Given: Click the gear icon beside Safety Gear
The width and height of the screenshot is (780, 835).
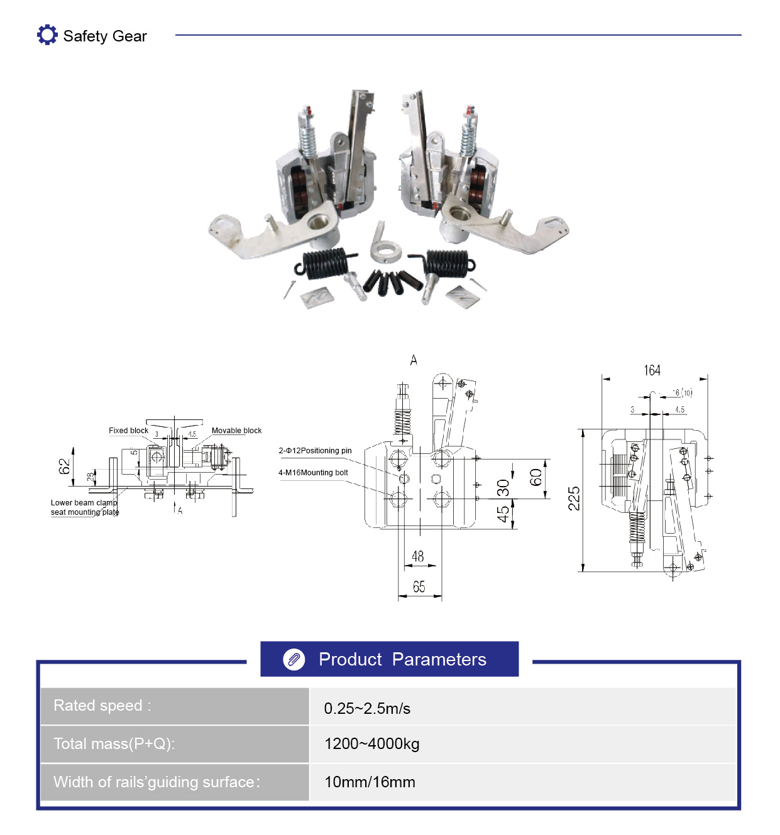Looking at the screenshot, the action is tap(47, 35).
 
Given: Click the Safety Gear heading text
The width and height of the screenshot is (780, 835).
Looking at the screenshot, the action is tap(105, 36).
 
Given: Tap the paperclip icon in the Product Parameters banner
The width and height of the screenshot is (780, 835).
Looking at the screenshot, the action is tap(294, 659).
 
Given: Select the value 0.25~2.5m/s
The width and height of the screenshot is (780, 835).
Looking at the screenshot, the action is tap(366, 708).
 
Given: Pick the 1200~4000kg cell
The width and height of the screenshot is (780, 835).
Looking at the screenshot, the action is tap(371, 744).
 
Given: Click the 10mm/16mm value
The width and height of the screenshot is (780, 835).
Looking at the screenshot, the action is tap(370, 782).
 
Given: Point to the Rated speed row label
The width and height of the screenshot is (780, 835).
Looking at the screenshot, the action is tap(102, 706).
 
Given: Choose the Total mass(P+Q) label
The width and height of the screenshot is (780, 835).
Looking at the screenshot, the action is tap(114, 744).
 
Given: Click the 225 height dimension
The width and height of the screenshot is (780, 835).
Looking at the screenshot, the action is tap(574, 498).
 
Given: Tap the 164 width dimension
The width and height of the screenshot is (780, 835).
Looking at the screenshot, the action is tap(652, 370).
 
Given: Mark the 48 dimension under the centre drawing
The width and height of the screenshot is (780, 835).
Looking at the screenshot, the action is tap(417, 556).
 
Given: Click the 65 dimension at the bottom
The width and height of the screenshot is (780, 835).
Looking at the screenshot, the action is tap(419, 586).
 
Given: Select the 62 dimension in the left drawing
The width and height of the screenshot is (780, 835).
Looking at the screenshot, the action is tap(64, 466).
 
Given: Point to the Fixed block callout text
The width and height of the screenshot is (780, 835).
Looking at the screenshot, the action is tap(128, 431).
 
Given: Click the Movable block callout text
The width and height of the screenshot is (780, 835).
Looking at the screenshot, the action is tap(236, 431).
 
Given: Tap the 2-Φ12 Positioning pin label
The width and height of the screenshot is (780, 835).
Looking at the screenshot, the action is tap(315, 450).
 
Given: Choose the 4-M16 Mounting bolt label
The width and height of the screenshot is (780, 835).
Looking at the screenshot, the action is tap(313, 473).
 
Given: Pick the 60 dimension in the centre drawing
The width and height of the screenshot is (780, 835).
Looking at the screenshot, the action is tap(536, 478).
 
